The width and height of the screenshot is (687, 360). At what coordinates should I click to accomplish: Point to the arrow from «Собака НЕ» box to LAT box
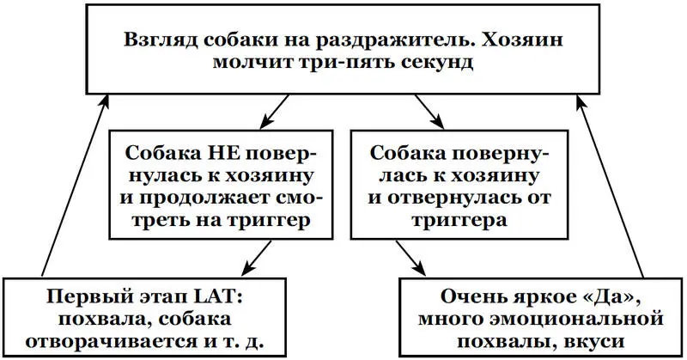[258, 255]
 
